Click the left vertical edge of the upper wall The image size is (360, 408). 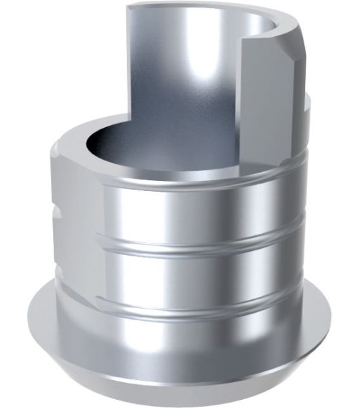click(x=127, y=68)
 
